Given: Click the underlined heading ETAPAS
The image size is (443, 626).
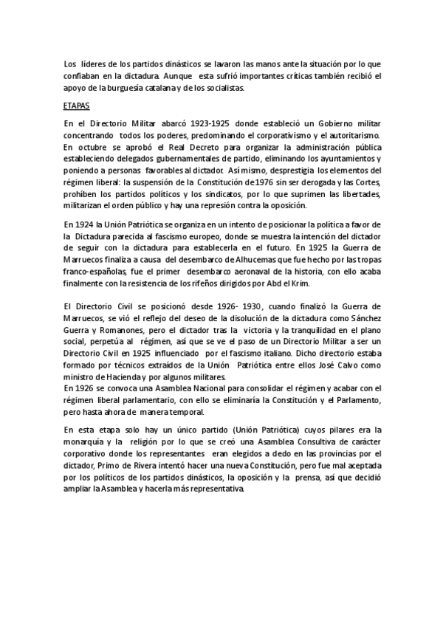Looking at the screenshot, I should [x=76, y=106].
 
